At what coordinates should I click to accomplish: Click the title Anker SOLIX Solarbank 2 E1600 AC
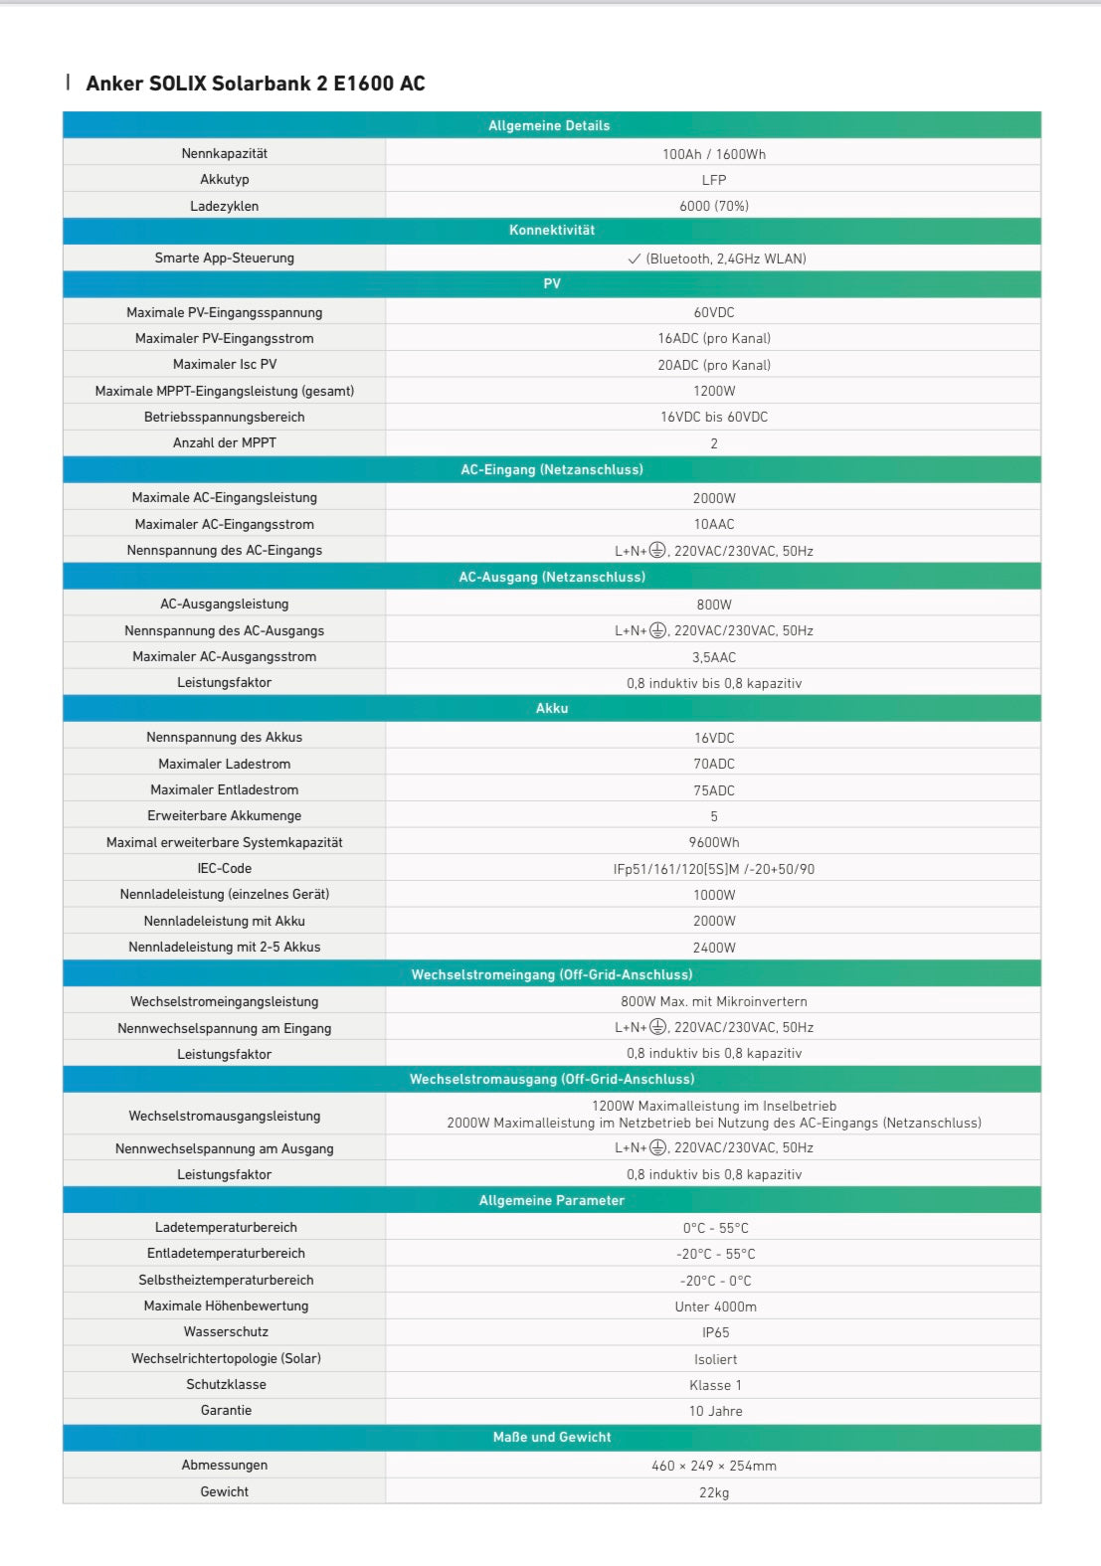click(x=256, y=84)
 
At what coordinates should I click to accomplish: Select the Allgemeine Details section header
click(x=549, y=125)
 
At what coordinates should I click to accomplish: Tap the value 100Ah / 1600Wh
click(x=713, y=154)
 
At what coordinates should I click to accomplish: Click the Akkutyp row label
click(x=225, y=180)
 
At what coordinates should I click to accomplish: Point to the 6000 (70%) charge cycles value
click(x=713, y=206)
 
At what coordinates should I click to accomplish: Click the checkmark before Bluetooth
click(x=634, y=259)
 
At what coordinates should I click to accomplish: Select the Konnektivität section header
click(x=552, y=231)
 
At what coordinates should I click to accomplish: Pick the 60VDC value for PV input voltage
click(x=713, y=312)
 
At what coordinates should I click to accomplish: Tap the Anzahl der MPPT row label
click(x=225, y=443)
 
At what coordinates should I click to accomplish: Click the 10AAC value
click(x=713, y=524)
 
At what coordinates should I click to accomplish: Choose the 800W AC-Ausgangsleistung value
click(x=713, y=605)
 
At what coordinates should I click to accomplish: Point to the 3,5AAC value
click(x=713, y=657)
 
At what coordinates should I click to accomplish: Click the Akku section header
click(x=552, y=709)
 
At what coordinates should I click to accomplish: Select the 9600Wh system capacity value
click(x=713, y=842)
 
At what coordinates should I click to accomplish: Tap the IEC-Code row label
click(x=225, y=869)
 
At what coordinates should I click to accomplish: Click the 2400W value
click(x=713, y=948)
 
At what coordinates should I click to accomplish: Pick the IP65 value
click(x=715, y=1332)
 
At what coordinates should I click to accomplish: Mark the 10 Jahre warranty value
click(x=715, y=1411)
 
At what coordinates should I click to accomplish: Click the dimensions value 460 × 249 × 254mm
click(x=713, y=1466)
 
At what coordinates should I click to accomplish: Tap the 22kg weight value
click(x=713, y=1492)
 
